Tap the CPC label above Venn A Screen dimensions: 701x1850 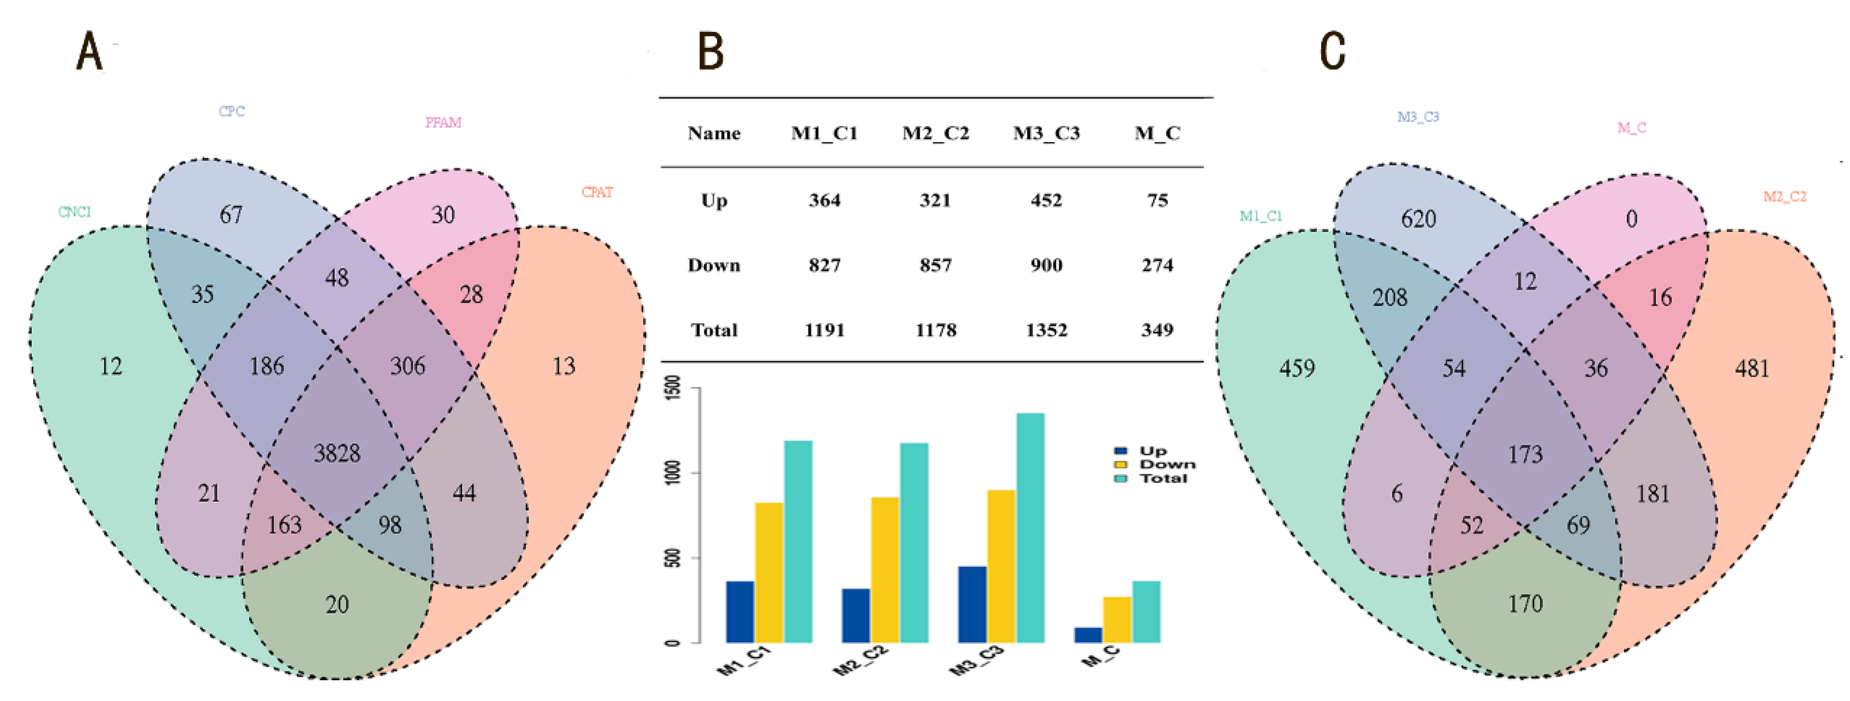point(231,111)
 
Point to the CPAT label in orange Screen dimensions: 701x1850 point(597,192)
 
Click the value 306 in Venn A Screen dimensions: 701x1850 point(407,366)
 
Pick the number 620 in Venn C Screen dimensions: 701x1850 point(1418,218)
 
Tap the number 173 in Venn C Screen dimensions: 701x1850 point(1524,454)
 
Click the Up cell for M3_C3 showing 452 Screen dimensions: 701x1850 point(1046,201)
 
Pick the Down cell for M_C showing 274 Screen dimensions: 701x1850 point(1157,265)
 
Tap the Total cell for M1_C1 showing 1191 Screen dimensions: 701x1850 point(824,330)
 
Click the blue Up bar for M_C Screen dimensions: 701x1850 point(1088,635)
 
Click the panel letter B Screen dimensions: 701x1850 point(711,52)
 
